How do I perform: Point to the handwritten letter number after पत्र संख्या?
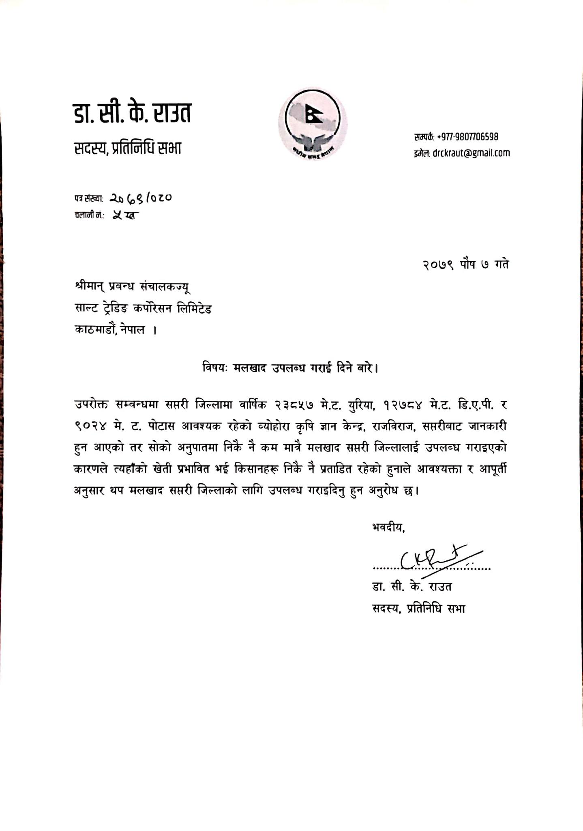pyautogui.click(x=141, y=198)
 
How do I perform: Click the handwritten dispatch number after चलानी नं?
pyautogui.click(x=126, y=215)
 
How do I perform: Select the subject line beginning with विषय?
pyautogui.click(x=290, y=368)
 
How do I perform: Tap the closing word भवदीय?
pyautogui.click(x=388, y=527)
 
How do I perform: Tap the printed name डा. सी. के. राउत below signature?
pyautogui.click(x=412, y=587)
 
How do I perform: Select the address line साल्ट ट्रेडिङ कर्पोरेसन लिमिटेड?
pyautogui.click(x=143, y=309)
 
